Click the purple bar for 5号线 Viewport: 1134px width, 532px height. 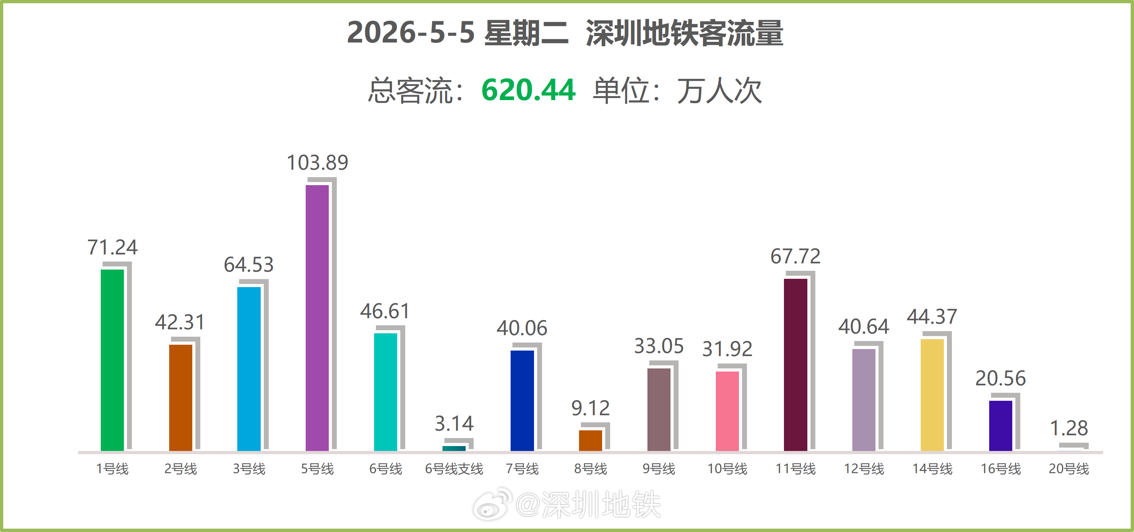pyautogui.click(x=317, y=318)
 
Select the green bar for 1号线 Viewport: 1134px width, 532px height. pyautogui.click(x=112, y=360)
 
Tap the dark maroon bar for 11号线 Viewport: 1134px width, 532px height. pyautogui.click(x=795, y=365)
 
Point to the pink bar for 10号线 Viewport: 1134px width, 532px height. pyautogui.click(x=727, y=411)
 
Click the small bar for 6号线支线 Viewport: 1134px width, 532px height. pyautogui.click(x=454, y=449)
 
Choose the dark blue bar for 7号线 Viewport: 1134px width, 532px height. pyautogui.click(x=522, y=400)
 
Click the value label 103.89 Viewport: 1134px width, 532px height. pyautogui.click(x=317, y=162)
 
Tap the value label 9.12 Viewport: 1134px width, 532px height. pyautogui.click(x=590, y=408)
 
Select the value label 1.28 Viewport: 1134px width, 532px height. pyautogui.click(x=1069, y=428)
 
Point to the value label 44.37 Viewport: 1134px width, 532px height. pyautogui.click(x=932, y=316)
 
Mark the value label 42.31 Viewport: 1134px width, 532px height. pyautogui.click(x=180, y=322)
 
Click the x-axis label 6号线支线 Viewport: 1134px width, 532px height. pyautogui.click(x=454, y=469)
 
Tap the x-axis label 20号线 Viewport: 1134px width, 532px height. pyautogui.click(x=1069, y=469)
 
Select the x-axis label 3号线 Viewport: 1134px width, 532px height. pyautogui.click(x=249, y=469)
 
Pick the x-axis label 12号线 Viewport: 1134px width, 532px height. pyautogui.click(x=864, y=469)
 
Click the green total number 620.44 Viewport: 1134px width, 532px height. pyautogui.click(x=528, y=90)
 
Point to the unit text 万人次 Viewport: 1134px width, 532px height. pyautogui.click(x=719, y=91)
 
